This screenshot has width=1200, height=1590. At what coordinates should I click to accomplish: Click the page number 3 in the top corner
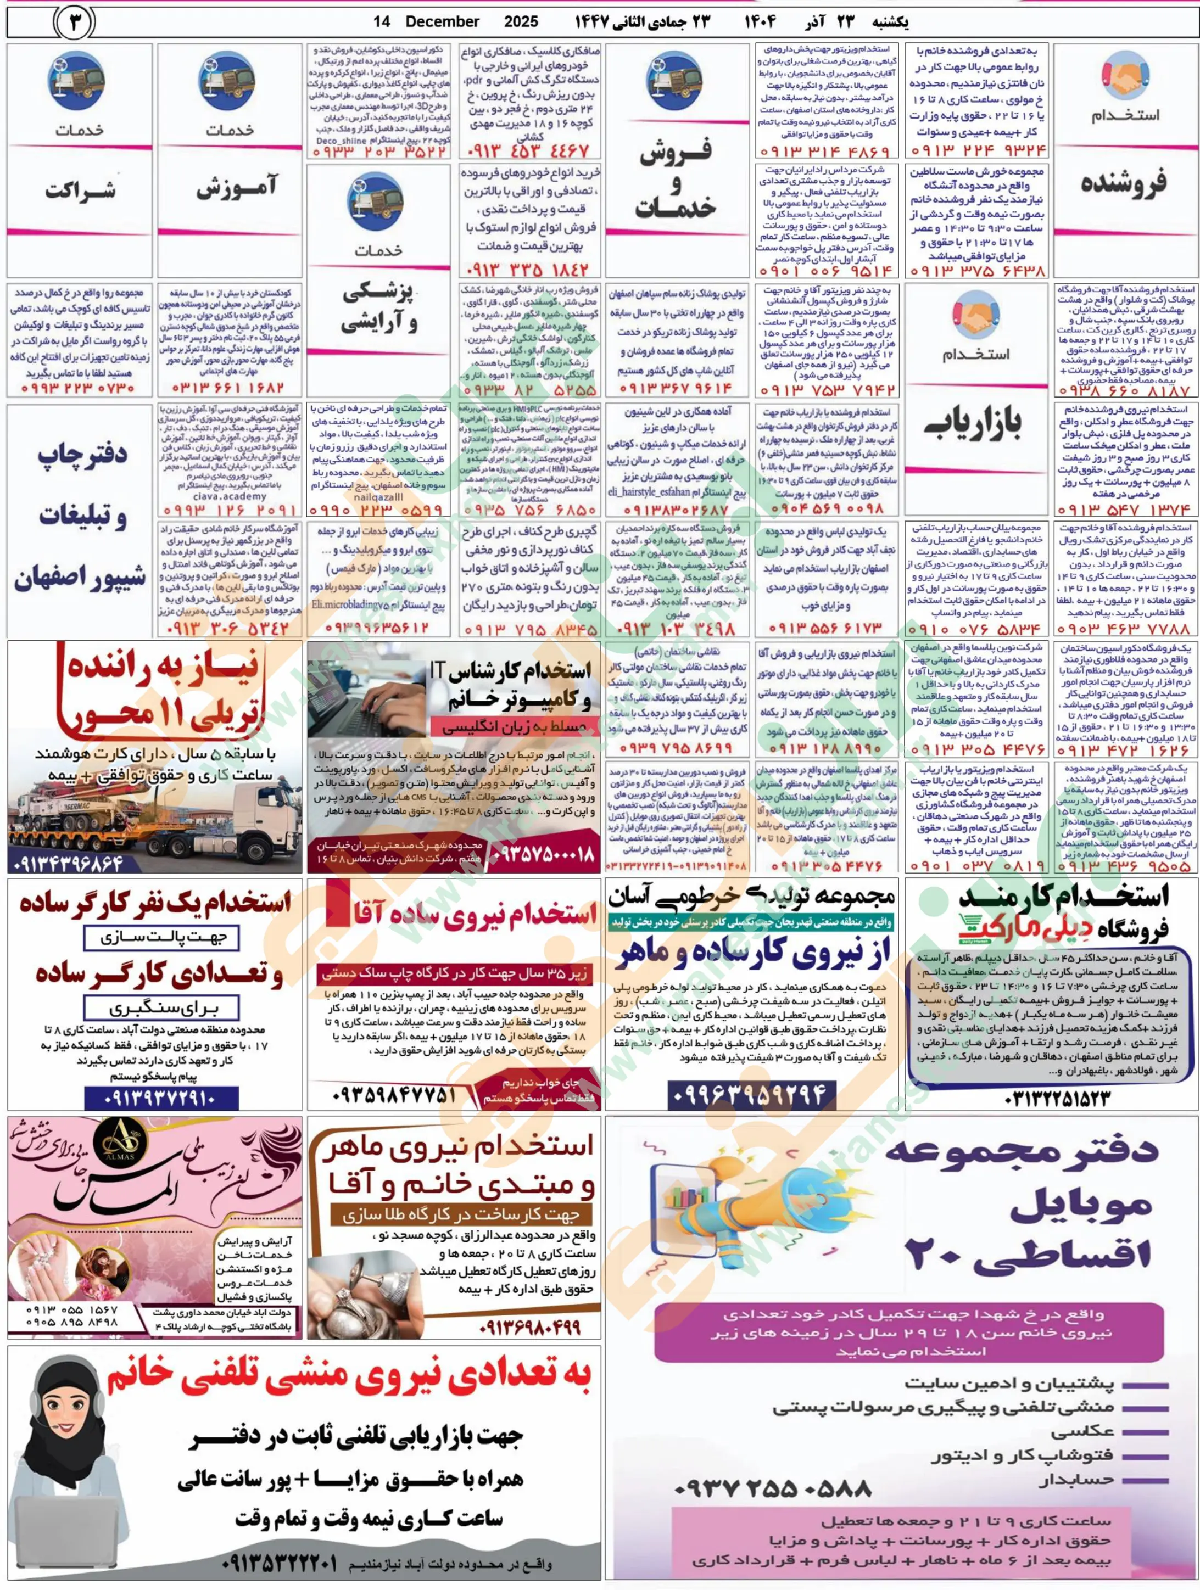pyautogui.click(x=74, y=23)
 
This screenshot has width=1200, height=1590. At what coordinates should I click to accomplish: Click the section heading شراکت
pyautogui.click(x=80, y=191)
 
